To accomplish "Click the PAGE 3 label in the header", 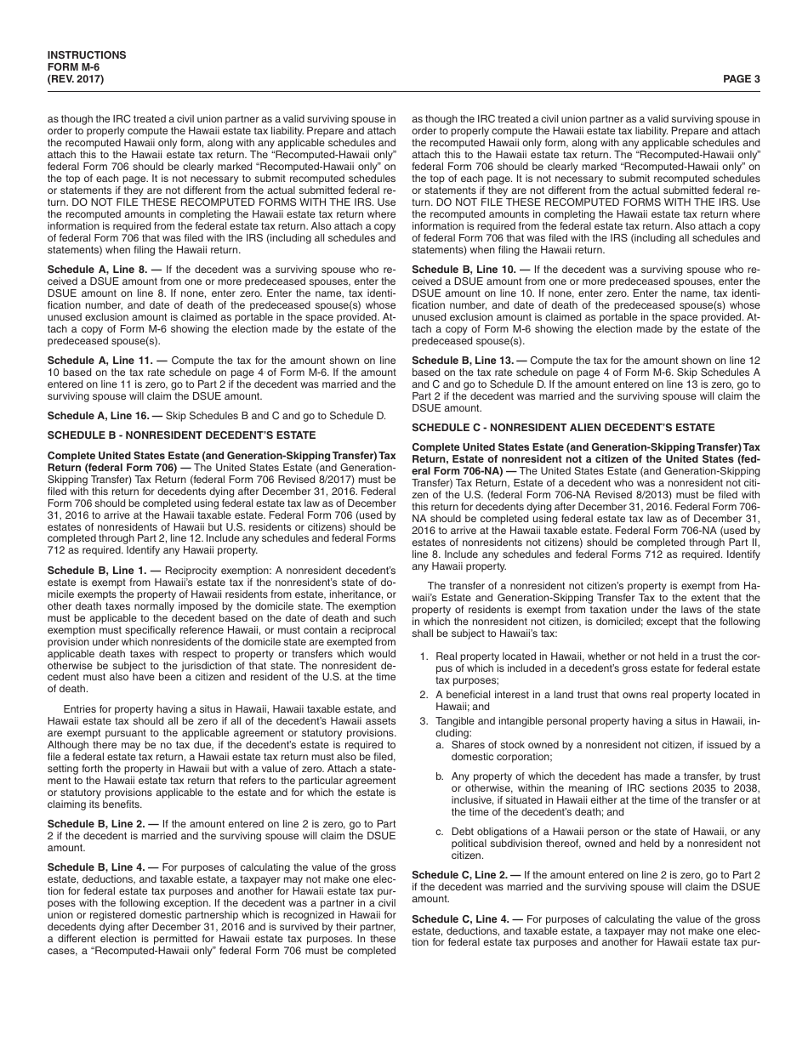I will tap(741, 79).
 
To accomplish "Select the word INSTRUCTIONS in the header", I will tap(87, 55).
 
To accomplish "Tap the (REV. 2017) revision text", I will tap(76, 79).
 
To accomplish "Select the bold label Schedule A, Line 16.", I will tap(100, 416).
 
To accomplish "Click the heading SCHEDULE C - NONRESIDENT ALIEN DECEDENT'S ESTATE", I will tap(563, 427).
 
